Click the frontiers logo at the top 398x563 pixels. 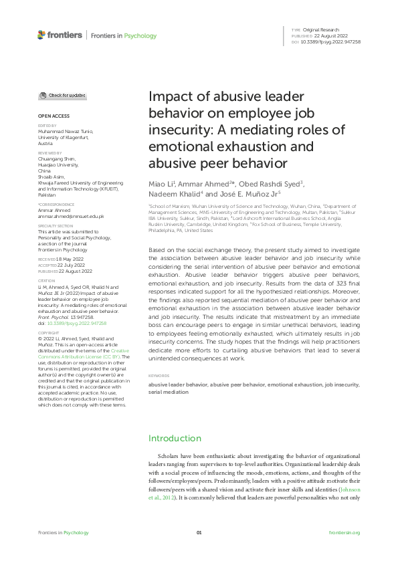60,35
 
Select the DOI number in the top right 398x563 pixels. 331,41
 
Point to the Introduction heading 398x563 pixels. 175,438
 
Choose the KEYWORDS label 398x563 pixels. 160,376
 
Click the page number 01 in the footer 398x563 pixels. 199,532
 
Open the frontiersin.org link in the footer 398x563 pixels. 344,532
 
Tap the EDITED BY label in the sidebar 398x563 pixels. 46,125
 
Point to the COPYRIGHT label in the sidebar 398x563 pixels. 48,332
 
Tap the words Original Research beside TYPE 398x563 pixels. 321,30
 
